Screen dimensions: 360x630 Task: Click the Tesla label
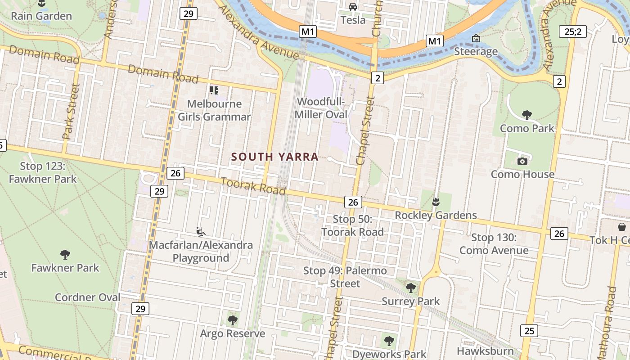(x=353, y=20)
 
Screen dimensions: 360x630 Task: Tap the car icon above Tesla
(x=353, y=7)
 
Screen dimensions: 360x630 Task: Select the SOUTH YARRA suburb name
(x=274, y=157)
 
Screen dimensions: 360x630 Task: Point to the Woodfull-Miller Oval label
(x=321, y=108)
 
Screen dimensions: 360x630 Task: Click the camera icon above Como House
(x=522, y=161)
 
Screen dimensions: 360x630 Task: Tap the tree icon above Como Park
(x=526, y=115)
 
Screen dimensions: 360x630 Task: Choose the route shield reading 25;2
(x=572, y=31)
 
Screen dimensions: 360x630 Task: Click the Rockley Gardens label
(x=436, y=215)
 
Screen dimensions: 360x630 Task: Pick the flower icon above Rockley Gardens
(x=435, y=202)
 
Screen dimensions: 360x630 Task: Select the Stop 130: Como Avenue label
(x=494, y=244)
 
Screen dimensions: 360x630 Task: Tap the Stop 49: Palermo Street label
(x=345, y=277)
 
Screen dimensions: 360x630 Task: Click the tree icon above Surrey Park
(x=410, y=288)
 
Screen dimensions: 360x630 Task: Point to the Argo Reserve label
(x=232, y=333)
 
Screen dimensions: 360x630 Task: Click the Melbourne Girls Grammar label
(x=214, y=110)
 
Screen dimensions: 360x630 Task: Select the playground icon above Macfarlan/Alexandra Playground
(x=201, y=232)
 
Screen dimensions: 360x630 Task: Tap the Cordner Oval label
(x=87, y=297)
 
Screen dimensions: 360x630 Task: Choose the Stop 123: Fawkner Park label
(x=43, y=173)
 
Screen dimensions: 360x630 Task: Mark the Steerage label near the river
(x=476, y=51)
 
